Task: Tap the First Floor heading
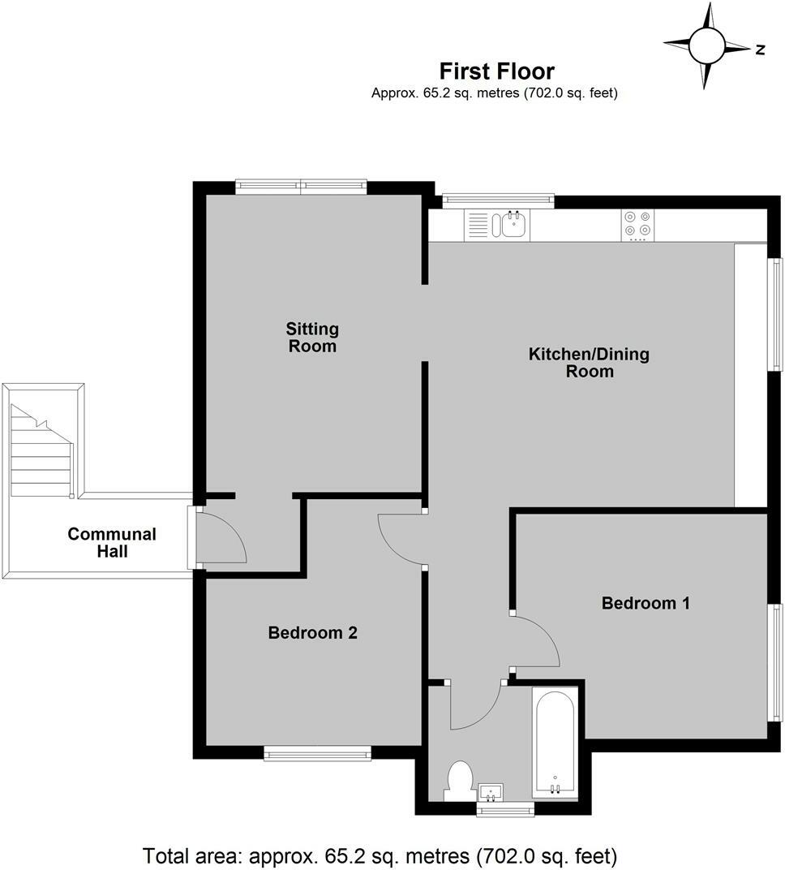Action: coord(496,71)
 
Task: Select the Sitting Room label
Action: coord(312,338)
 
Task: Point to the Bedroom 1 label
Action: coord(646,603)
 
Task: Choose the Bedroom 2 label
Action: coord(313,632)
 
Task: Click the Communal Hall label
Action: coord(112,543)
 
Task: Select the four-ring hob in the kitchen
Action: coord(637,225)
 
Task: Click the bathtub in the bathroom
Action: coord(556,743)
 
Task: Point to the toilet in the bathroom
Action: coord(461,781)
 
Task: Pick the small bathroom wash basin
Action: coord(491,791)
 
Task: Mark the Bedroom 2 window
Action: coord(317,755)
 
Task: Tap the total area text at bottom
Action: coord(380,855)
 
